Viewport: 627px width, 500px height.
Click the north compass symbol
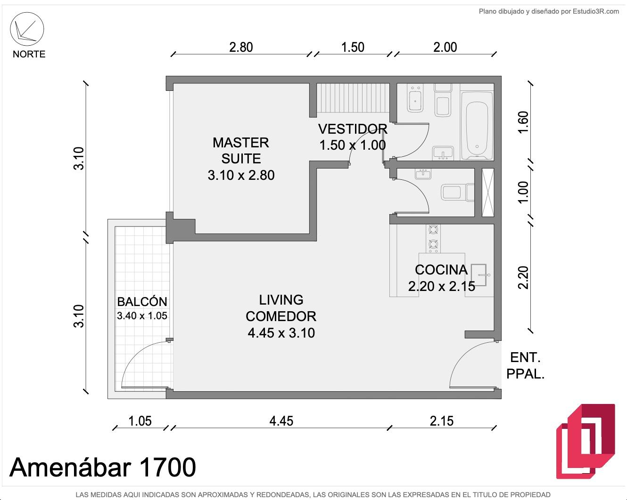coord(27,29)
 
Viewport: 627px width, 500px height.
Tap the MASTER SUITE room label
coord(241,151)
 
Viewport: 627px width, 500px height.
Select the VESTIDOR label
coord(353,129)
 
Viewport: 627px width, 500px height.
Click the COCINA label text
coord(441,270)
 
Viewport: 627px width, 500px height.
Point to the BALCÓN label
coord(142,301)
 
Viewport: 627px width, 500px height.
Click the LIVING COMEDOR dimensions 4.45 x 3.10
coord(281,333)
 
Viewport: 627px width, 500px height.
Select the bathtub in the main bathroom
coord(477,126)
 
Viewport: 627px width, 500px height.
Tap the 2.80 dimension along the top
coord(241,47)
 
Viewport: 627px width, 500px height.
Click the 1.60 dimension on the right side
coord(523,122)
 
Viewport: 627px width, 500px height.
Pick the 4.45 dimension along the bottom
coord(281,421)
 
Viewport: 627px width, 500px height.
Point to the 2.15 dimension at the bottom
coord(441,421)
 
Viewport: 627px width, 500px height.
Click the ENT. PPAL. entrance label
coord(525,365)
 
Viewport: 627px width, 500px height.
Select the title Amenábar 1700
coord(103,467)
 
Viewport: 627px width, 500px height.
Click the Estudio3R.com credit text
coord(549,11)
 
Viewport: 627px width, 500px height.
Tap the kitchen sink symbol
coord(478,275)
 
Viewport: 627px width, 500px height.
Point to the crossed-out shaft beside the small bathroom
coord(488,193)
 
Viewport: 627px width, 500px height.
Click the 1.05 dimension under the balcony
coord(140,421)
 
